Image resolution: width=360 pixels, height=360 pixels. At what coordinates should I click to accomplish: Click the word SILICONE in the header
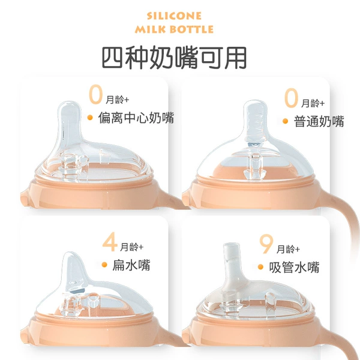(174, 16)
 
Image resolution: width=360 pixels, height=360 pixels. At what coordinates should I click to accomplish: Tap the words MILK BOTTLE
(174, 29)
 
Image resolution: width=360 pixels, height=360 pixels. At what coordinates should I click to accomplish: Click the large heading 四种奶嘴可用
(174, 58)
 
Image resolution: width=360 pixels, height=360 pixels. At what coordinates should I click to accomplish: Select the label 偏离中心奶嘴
(136, 118)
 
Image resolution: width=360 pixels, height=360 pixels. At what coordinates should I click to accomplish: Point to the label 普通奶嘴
(319, 121)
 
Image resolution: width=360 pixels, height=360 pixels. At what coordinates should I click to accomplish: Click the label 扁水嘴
(131, 265)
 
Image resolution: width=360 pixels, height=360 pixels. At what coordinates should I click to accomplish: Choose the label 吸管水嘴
(294, 267)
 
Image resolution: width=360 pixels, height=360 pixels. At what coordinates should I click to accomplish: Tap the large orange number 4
(110, 242)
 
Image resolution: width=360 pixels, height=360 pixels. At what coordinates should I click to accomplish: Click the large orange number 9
(266, 244)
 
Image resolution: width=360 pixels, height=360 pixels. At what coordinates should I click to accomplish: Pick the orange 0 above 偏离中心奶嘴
(95, 94)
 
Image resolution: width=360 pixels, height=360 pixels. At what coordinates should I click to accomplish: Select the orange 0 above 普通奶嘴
(291, 98)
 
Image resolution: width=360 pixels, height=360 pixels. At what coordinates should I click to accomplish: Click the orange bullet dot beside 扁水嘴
(104, 265)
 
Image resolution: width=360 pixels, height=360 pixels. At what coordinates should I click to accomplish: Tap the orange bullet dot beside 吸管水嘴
(260, 267)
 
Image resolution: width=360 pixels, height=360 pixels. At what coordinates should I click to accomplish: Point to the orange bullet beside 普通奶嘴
(285, 121)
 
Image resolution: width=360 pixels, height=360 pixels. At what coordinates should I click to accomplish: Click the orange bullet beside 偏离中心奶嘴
(90, 118)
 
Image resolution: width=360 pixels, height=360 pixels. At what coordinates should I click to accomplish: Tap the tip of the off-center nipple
(70, 103)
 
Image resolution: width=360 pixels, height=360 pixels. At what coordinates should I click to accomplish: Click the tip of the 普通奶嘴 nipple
(256, 101)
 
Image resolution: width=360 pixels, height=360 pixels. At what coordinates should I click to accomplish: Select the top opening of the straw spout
(232, 244)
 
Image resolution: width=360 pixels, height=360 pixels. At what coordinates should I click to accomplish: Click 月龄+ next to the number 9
(288, 249)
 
